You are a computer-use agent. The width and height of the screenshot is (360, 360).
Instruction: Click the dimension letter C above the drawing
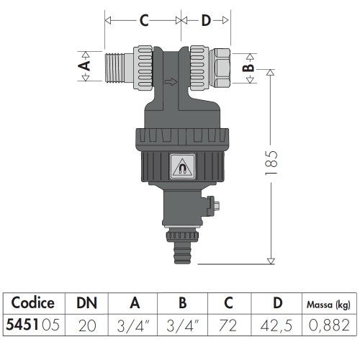pyautogui.click(x=143, y=21)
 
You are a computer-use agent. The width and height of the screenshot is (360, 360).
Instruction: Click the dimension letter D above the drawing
pyautogui.click(x=206, y=21)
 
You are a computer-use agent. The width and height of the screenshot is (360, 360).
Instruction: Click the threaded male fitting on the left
pyautogui.click(x=114, y=67)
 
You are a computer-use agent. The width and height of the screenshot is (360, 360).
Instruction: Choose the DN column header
pyautogui.click(x=87, y=302)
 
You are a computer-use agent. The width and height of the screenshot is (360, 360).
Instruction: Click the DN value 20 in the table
pyautogui.click(x=87, y=325)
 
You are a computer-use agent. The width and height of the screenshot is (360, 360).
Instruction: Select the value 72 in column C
pyautogui.click(x=229, y=325)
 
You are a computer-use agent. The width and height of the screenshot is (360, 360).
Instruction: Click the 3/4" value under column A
pyautogui.click(x=132, y=325)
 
